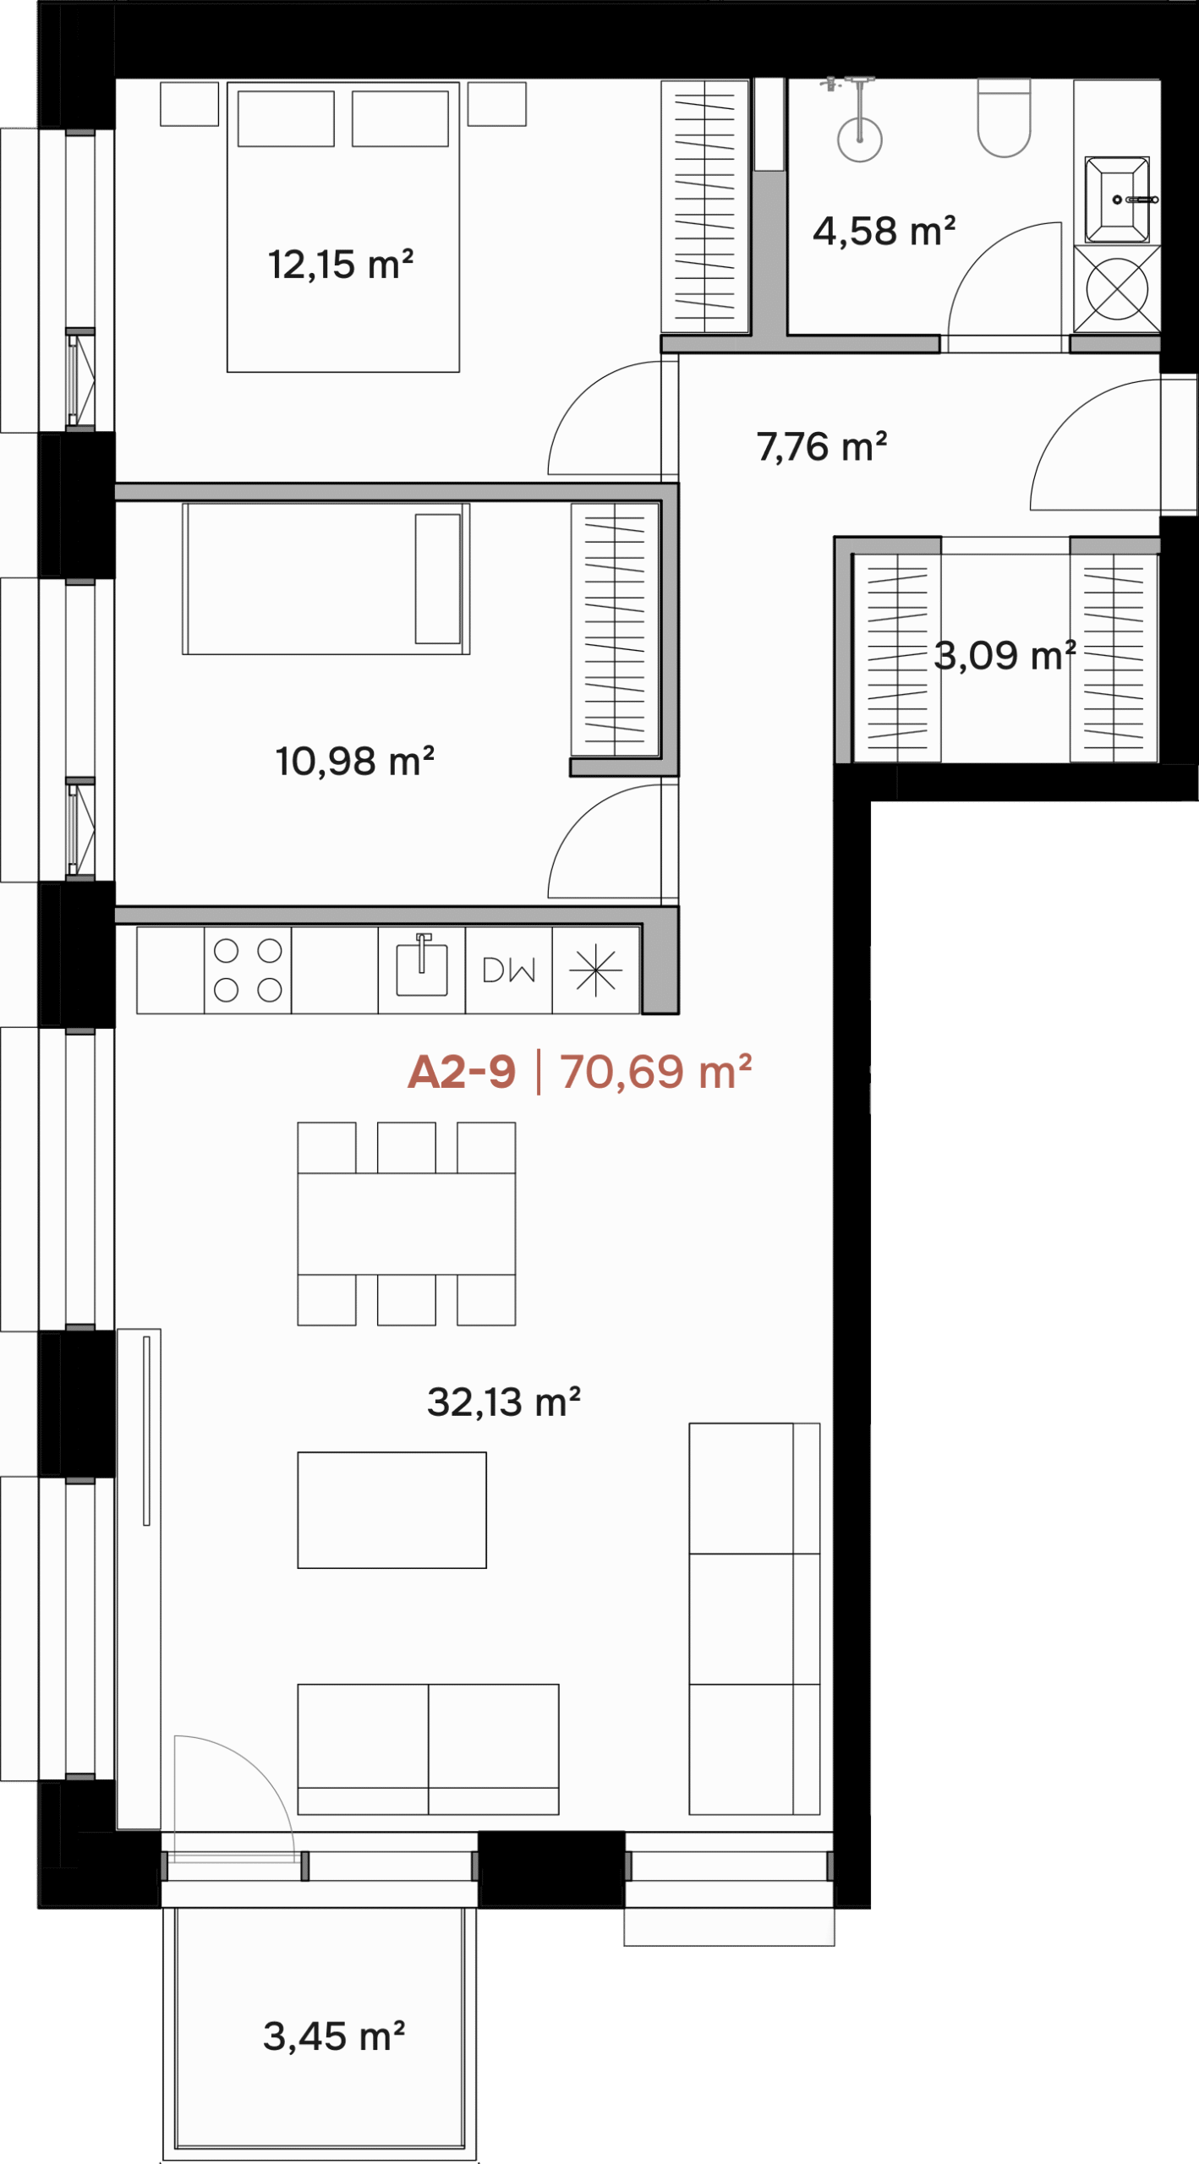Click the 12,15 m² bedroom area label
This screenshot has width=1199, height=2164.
pyautogui.click(x=341, y=265)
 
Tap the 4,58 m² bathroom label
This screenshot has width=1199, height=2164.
pyautogui.click(x=884, y=232)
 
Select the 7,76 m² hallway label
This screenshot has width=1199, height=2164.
pyautogui.click(x=822, y=447)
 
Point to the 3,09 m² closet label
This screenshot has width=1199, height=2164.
pyautogui.click(x=1005, y=655)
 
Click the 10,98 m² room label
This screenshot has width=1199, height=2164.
pyautogui.click(x=355, y=761)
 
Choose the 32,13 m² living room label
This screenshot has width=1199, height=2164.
pyautogui.click(x=504, y=1402)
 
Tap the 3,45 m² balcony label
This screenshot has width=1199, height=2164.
pyautogui.click(x=334, y=2036)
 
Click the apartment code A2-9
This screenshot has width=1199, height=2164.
pyautogui.click(x=462, y=1072)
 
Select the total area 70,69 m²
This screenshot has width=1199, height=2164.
pyautogui.click(x=656, y=1072)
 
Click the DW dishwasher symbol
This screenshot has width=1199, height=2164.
pyautogui.click(x=509, y=970)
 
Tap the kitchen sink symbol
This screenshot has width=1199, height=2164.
pyautogui.click(x=422, y=965)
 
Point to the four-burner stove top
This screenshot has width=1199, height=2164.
pyautogui.click(x=248, y=970)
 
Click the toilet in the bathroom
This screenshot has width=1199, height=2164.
pyautogui.click(x=1005, y=118)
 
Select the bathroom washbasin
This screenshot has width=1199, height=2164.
pyautogui.click(x=1117, y=200)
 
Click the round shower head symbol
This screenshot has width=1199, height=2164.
pyautogui.click(x=860, y=140)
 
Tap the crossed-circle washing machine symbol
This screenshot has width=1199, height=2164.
pyautogui.click(x=1117, y=289)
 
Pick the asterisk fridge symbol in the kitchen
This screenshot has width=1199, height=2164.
pyautogui.click(x=596, y=970)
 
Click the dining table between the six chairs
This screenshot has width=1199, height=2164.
pyautogui.click(x=407, y=1223)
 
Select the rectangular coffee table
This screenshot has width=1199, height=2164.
pyautogui.click(x=392, y=1510)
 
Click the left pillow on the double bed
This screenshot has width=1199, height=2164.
pyautogui.click(x=286, y=118)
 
